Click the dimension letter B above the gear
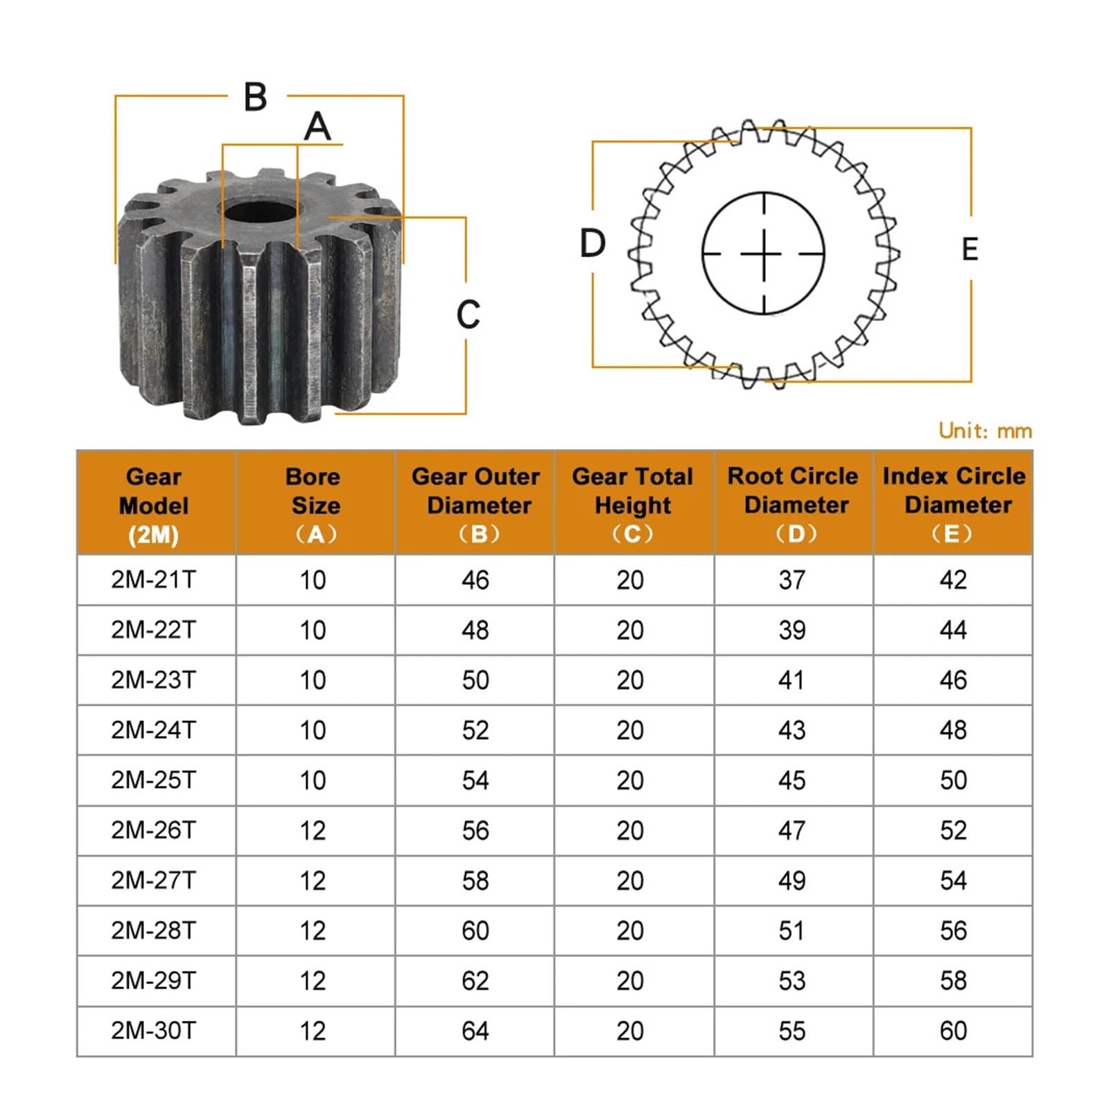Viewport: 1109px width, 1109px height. click(256, 97)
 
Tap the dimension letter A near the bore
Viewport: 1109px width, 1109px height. click(317, 127)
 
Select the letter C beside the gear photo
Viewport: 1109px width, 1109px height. click(469, 315)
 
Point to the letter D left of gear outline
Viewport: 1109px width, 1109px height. click(593, 243)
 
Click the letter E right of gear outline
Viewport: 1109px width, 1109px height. click(970, 250)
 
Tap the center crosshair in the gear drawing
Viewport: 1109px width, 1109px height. click(764, 254)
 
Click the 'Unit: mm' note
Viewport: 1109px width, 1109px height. click(985, 430)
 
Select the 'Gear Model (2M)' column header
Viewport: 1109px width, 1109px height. click(154, 505)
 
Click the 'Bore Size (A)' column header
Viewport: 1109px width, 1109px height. click(315, 505)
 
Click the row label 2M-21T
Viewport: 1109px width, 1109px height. click(154, 579)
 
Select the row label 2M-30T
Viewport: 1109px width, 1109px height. click(154, 1031)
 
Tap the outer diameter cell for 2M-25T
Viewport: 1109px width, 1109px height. click(475, 780)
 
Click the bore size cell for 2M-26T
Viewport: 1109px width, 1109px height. click(313, 830)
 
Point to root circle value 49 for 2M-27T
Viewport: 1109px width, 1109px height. click(792, 881)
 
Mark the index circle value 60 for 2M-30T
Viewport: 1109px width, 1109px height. click(953, 1031)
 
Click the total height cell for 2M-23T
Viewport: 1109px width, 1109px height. click(630, 680)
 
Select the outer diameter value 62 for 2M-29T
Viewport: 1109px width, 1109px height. click(475, 981)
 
